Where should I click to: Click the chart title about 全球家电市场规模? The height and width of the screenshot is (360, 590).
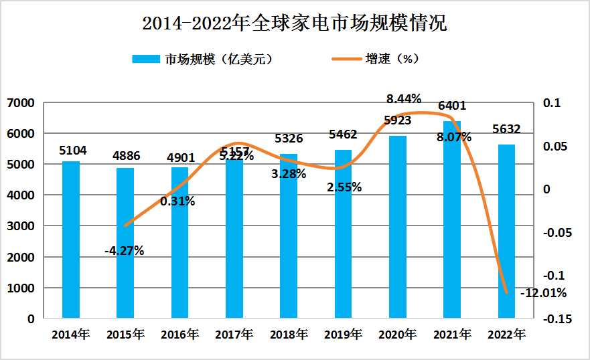pos(295,24)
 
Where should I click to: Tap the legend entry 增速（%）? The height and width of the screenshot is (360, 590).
pos(376,59)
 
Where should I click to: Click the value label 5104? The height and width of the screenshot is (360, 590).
pos(73,151)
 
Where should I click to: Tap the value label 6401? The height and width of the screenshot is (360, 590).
pos(452,106)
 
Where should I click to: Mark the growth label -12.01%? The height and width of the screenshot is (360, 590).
pos(546,293)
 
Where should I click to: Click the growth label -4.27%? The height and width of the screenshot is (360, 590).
pos(125,252)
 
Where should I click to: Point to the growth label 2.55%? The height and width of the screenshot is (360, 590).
pos(344,187)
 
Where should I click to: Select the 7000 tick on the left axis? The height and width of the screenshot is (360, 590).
pos(21,103)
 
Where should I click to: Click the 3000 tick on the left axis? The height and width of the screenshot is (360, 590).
pos(21,226)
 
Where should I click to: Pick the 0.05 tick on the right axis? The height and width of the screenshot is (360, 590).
pos(556,147)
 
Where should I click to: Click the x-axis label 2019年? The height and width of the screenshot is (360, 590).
pos(344,334)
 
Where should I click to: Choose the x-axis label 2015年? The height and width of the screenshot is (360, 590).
pos(125,334)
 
